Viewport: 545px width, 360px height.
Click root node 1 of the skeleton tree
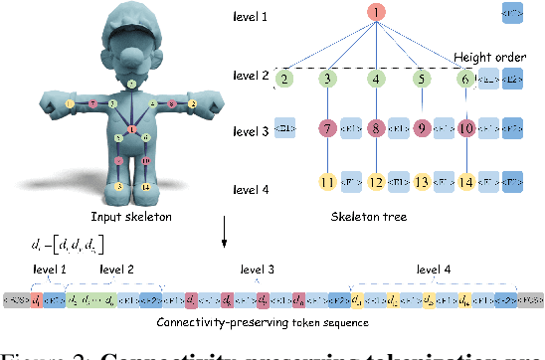pos(377,12)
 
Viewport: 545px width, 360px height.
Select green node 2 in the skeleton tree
pos(285,79)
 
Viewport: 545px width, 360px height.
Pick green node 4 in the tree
pos(376,79)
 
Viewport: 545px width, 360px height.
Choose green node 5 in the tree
pos(422,79)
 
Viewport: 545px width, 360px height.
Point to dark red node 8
pos(376,128)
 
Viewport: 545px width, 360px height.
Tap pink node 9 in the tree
pos(422,128)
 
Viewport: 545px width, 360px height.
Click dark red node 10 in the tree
pos(466,128)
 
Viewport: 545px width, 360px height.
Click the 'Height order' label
pos(489,56)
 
